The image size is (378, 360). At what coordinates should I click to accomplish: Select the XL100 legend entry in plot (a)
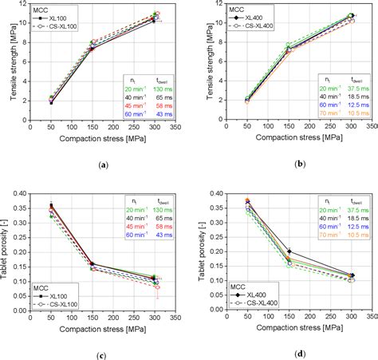point(63,18)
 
